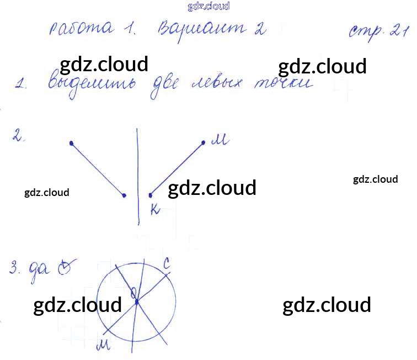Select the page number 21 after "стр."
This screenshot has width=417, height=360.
(x=398, y=31)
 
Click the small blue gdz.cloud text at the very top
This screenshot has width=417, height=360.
(x=209, y=7)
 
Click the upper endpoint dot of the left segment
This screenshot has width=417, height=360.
(x=71, y=144)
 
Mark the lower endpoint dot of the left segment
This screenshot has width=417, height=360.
(x=124, y=195)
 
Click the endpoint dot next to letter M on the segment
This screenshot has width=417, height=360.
(x=203, y=143)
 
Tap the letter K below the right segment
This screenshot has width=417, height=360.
(x=155, y=208)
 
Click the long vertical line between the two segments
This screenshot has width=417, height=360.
(x=137, y=177)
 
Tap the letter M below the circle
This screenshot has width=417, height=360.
(x=103, y=346)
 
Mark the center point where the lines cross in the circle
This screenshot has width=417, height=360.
(x=136, y=301)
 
